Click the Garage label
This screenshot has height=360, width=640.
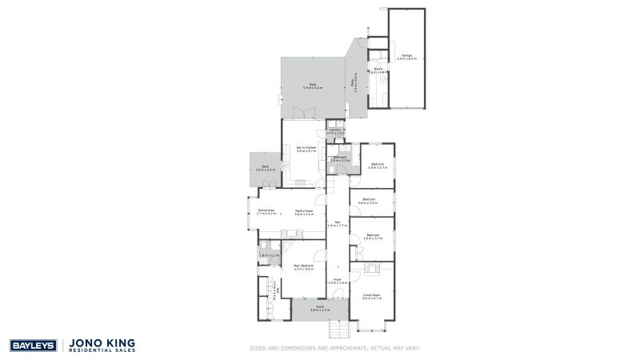(406, 57)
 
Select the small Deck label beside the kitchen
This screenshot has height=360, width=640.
(265, 169)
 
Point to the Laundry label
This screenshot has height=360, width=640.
(336, 131)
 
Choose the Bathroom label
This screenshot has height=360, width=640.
(339, 159)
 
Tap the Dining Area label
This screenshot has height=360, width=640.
(266, 212)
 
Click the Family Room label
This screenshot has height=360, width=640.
(304, 212)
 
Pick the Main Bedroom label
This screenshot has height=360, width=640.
(302, 268)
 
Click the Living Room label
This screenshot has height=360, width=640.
(373, 297)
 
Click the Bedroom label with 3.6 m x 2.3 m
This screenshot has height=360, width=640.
(368, 201)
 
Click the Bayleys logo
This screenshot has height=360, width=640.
(32, 345)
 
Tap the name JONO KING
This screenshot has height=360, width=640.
(103, 342)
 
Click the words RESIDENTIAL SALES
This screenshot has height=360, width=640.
(103, 350)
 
